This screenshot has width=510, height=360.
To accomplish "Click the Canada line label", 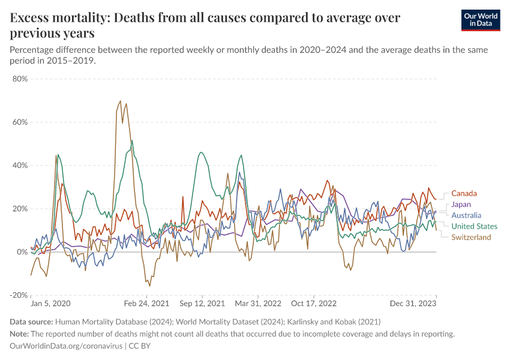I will coord(464,193).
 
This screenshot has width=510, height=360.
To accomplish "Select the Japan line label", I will coord(461,205).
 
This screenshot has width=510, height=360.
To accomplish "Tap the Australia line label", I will coord(466,215).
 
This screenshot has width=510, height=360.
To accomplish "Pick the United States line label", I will coord(474,226).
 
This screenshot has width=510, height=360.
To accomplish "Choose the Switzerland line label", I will coord(471,237).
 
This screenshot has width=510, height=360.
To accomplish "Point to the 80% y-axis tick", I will coord(20,79).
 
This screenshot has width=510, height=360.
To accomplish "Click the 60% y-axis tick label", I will coord(20,122).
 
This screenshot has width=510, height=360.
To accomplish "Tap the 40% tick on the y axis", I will coord(20,165).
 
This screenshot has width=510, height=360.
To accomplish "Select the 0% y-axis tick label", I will coord(22,252).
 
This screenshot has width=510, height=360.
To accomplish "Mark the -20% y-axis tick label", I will coord(19,295).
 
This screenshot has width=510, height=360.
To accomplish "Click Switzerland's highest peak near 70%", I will coord(121,101).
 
